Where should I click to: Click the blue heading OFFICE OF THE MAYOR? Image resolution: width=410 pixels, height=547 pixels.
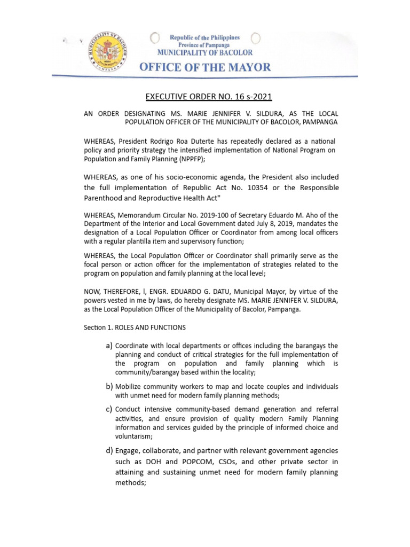tap(205, 68)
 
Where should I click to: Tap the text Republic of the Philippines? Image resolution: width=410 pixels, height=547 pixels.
tap(204, 37)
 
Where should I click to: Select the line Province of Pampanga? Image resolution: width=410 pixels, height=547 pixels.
tap(204, 45)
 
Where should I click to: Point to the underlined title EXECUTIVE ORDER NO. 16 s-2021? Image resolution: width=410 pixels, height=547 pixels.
tap(205, 97)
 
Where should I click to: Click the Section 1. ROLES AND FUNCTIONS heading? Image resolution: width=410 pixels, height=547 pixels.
tap(135, 326)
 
